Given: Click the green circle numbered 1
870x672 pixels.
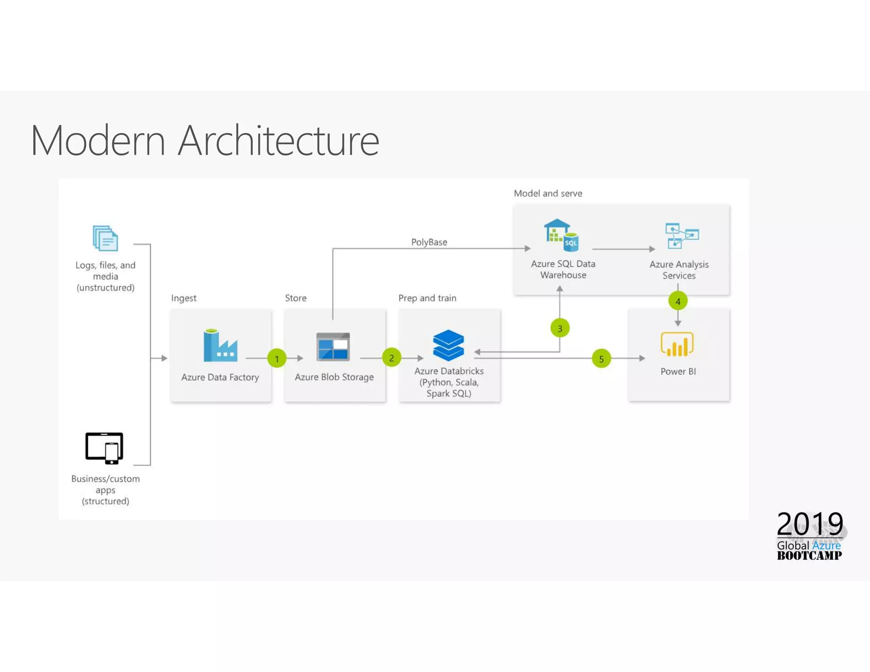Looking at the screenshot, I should point(277,359).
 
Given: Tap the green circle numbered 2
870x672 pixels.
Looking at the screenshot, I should point(391,358).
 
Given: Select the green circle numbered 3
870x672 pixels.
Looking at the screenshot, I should point(560,328).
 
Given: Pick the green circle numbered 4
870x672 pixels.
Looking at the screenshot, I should point(678,301).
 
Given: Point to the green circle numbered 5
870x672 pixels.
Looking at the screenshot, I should point(601,359).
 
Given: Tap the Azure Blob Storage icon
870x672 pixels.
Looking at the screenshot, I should point(333,347).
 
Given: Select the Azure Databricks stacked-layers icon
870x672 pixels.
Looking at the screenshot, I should point(448,345).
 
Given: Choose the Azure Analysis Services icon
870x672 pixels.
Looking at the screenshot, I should point(681,236).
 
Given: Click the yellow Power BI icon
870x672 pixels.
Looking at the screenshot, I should point(677,344).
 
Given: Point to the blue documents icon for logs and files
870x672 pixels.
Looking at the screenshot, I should point(105,238).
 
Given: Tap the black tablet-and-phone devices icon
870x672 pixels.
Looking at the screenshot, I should point(105,448).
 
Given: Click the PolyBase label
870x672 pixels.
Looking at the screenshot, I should point(429,242).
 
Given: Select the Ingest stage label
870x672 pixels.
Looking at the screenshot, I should point(184,298).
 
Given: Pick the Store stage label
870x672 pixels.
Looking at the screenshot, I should point(296,298).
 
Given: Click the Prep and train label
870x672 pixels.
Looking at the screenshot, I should point(427,298).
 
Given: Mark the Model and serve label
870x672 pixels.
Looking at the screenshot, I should point(548,194).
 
